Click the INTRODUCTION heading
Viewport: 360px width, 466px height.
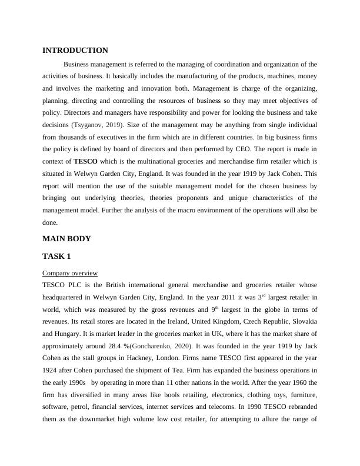pyautogui.click(x=75, y=51)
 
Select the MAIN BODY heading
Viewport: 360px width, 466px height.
pyautogui.click(x=67, y=239)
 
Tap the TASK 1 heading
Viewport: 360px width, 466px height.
pyautogui.click(x=56, y=257)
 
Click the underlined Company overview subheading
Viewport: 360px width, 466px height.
pyautogui.click(x=70, y=273)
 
